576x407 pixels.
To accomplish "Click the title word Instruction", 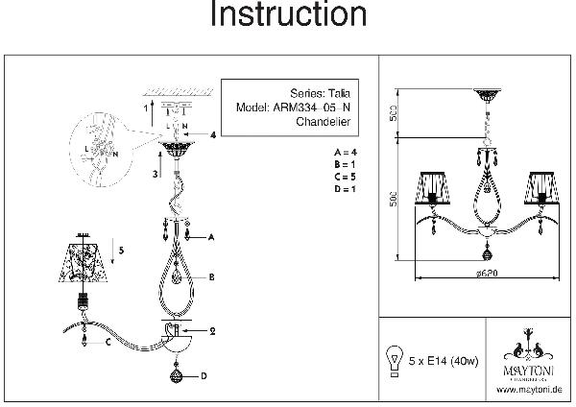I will [x=287, y=15].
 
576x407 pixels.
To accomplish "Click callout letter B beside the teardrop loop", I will [x=210, y=276].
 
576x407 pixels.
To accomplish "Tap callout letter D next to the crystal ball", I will [x=204, y=376].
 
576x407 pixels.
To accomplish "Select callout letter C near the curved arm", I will [x=108, y=341].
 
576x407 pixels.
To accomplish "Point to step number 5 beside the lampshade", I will [x=121, y=249].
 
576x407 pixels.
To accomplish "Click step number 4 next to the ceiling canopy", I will [x=213, y=135].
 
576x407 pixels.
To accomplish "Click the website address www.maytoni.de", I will [x=528, y=389].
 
